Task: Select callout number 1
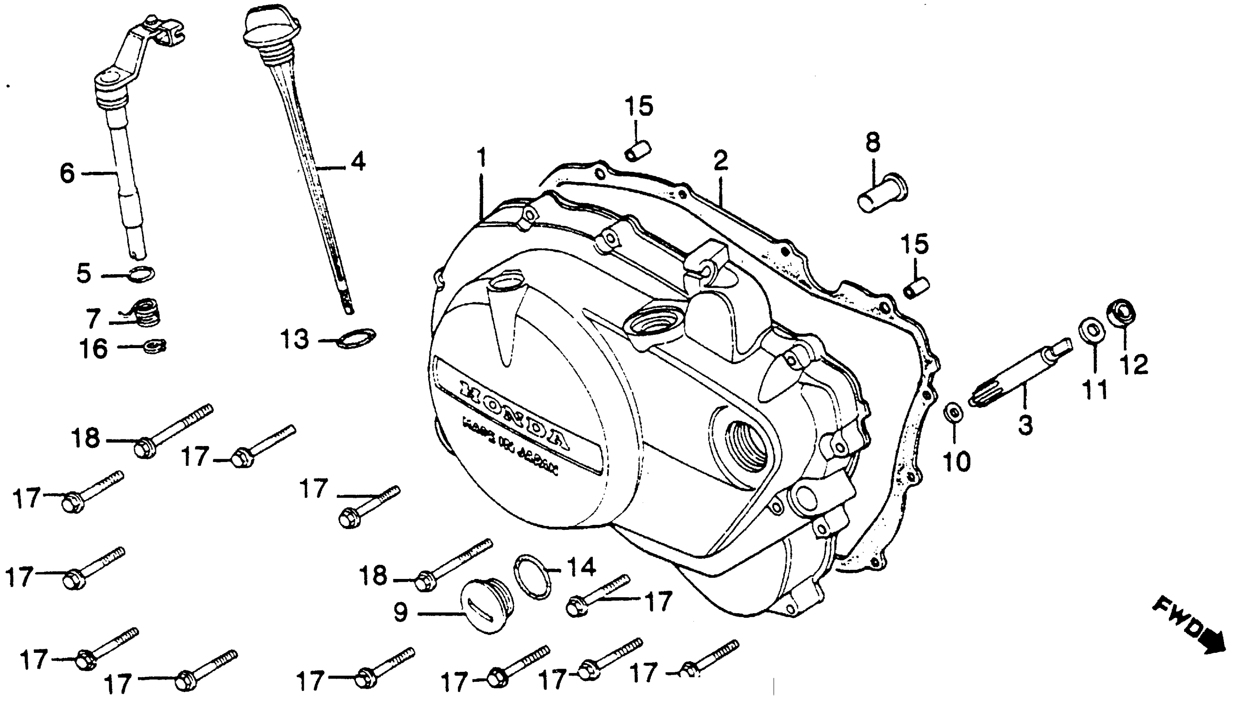click(x=481, y=158)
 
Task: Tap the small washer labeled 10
click(x=953, y=412)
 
